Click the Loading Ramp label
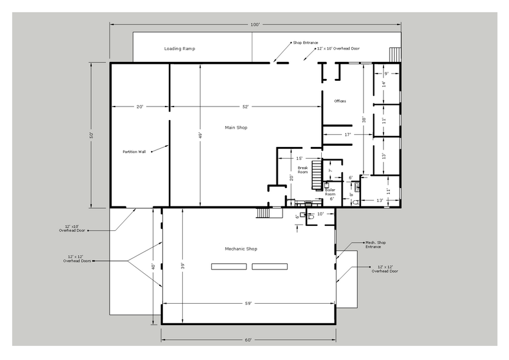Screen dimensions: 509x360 (179, 49)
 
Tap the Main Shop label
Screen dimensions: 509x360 (236, 128)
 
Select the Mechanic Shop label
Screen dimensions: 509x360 (241, 249)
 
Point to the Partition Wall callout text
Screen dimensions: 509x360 (134, 152)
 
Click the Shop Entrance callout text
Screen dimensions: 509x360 (305, 43)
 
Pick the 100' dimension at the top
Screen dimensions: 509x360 (255, 24)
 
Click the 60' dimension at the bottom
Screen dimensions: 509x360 (248, 340)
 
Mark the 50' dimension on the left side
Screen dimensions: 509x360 (92, 135)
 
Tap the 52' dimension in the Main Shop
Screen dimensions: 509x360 (245, 107)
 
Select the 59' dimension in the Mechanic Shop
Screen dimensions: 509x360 (248, 304)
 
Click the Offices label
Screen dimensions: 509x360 (340, 101)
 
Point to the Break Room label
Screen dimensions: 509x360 (303, 170)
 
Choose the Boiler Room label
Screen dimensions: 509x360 (330, 192)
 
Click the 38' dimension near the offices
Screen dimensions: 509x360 (364, 119)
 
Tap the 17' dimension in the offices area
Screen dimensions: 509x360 (347, 135)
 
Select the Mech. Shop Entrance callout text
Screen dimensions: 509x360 (375, 245)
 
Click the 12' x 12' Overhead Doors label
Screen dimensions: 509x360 (77, 258)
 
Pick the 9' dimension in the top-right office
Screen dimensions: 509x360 (386, 73)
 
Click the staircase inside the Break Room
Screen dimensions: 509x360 (316, 174)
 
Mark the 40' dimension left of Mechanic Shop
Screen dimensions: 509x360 (153, 266)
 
